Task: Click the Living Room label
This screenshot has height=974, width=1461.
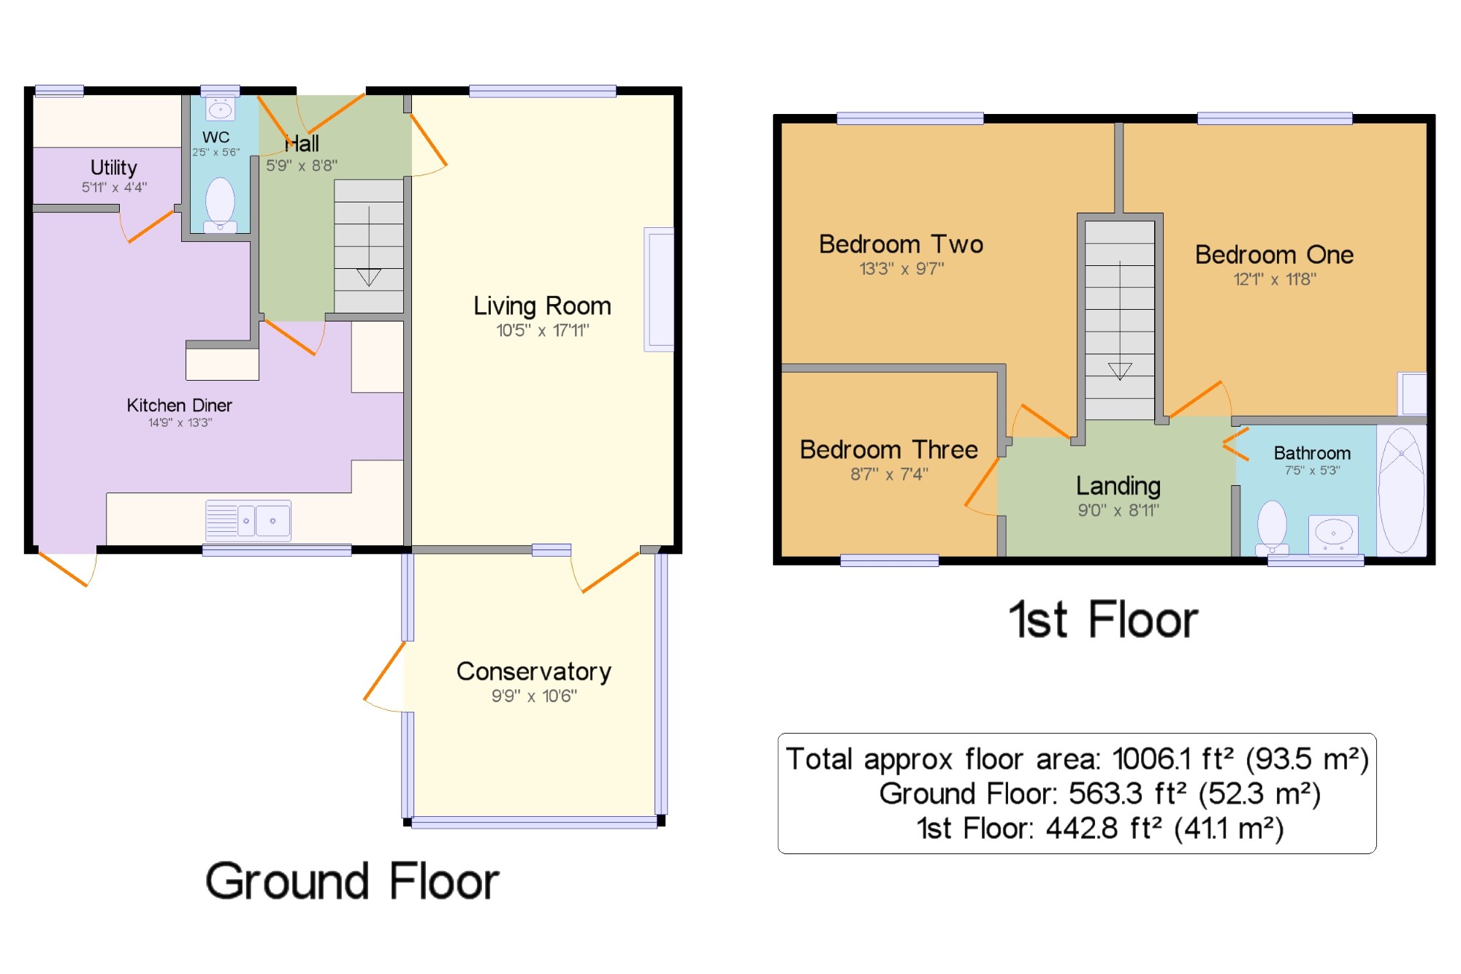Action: point(542,305)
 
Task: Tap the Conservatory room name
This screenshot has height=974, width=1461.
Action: point(534,671)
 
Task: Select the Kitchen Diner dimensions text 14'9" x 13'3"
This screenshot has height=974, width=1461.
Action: point(180,422)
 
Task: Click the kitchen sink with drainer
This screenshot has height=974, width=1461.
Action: point(248,520)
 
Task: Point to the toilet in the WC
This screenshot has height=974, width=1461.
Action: point(220,205)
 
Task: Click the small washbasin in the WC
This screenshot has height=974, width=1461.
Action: point(220,109)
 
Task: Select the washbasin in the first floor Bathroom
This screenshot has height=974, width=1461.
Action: point(1333,534)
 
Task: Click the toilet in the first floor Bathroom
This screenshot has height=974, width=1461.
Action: point(1272,527)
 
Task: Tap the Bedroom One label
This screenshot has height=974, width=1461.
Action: point(1274,254)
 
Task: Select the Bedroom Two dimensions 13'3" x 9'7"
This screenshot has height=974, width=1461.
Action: point(901,269)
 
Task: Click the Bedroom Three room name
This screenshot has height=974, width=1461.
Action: point(888,449)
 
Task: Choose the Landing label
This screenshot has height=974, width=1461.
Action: point(1118,486)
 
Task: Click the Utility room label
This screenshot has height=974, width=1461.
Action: point(113,168)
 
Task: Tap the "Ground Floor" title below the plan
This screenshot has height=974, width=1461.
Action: point(352,880)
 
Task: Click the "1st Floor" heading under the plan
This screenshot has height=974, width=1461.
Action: point(1103,620)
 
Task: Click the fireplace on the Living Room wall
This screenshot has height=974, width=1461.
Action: point(658,289)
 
